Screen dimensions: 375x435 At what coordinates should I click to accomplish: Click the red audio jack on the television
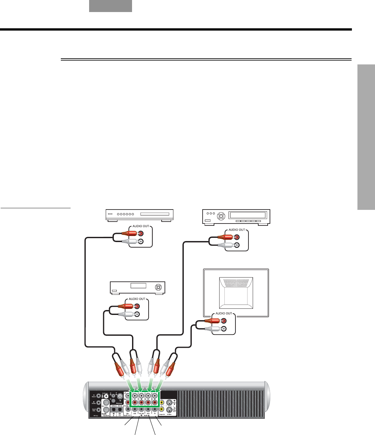[224, 321]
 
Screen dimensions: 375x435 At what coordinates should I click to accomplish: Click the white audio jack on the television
[224, 329]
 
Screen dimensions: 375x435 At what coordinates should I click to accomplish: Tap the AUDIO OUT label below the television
[224, 314]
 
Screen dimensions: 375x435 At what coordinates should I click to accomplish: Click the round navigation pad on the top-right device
[221, 216]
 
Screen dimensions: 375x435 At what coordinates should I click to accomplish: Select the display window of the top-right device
[248, 215]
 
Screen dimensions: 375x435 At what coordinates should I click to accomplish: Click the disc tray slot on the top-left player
[154, 214]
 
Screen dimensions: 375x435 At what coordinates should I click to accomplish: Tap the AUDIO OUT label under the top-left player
[141, 226]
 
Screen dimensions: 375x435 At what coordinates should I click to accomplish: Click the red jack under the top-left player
[141, 233]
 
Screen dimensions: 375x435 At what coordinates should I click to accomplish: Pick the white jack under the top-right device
[237, 245]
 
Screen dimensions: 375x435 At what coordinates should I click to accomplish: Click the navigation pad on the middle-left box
[158, 287]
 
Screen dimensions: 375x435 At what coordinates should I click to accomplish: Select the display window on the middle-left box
[138, 286]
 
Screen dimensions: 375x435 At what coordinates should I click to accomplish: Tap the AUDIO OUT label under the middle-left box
[137, 299]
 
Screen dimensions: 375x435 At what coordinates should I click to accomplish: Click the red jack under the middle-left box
[137, 306]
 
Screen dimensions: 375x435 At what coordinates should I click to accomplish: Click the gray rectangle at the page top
[111, 6]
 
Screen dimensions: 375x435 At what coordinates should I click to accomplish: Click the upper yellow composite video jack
[162, 402]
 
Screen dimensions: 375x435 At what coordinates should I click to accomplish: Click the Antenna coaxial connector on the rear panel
[121, 396]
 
